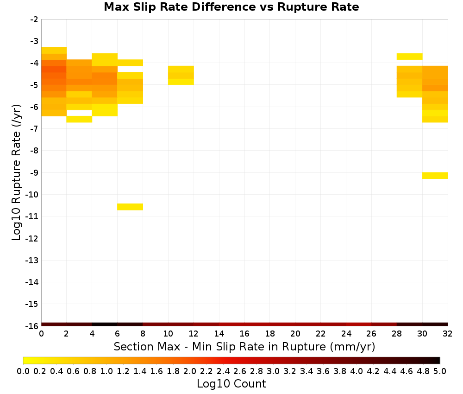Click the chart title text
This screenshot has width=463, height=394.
(231, 7)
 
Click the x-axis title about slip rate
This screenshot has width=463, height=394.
(244, 346)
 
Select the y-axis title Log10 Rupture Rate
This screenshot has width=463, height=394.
(16, 172)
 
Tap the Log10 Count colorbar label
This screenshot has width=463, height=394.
(231, 384)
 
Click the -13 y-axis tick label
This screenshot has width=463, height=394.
(32, 260)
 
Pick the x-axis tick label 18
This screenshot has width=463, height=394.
(270, 334)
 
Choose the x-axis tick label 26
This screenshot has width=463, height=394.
(371, 334)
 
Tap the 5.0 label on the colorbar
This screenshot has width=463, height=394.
(440, 371)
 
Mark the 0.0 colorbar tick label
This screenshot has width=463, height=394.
(23, 371)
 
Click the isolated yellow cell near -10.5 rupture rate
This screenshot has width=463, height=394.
(130, 207)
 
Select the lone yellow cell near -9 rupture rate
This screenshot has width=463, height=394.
(435, 175)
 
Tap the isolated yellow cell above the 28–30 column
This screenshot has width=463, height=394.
(409, 57)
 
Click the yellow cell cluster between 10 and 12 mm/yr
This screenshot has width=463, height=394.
(181, 76)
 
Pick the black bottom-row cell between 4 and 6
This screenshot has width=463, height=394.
(105, 324)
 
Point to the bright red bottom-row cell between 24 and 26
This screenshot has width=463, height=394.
(358, 324)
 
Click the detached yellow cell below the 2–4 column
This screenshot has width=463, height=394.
(79, 119)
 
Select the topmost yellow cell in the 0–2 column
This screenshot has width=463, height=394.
(54, 50)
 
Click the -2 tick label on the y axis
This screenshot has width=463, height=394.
(34, 19)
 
